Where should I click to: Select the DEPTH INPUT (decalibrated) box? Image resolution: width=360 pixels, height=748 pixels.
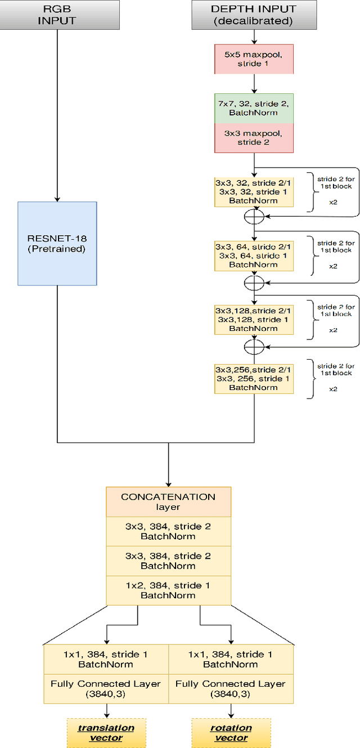pyautogui.click(x=254, y=15)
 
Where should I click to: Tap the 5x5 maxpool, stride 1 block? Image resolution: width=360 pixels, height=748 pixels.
pyautogui.click(x=254, y=59)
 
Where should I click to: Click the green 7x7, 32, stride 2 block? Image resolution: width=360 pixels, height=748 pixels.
pyautogui.click(x=254, y=108)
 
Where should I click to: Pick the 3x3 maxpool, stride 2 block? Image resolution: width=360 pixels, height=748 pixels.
pyautogui.click(x=254, y=138)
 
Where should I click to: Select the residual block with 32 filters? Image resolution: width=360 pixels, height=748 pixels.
pyautogui.click(x=254, y=192)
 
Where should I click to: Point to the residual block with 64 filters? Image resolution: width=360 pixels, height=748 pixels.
pyautogui.click(x=254, y=256)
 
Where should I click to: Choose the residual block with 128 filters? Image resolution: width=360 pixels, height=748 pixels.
pyautogui.click(x=254, y=319)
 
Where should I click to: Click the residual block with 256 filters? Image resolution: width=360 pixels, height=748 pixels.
pyautogui.click(x=254, y=378)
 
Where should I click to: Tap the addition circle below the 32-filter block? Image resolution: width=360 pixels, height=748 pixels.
pyautogui.click(x=254, y=216)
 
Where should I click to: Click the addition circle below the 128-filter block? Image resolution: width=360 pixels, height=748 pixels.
pyautogui.click(x=254, y=343)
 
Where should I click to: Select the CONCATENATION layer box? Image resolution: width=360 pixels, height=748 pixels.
pyautogui.click(x=168, y=501)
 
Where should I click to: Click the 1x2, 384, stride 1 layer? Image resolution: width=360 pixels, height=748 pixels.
pyautogui.click(x=168, y=590)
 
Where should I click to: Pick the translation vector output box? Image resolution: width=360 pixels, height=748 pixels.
pyautogui.click(x=106, y=732)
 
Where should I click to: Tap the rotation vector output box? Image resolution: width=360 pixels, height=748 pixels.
pyautogui.click(x=231, y=732)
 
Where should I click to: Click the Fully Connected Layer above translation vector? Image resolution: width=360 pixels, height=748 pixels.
pyautogui.click(x=106, y=689)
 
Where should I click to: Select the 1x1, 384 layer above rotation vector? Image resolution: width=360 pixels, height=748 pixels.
pyautogui.click(x=231, y=659)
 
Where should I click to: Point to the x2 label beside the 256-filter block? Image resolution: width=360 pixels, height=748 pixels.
pyautogui.click(x=333, y=389)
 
